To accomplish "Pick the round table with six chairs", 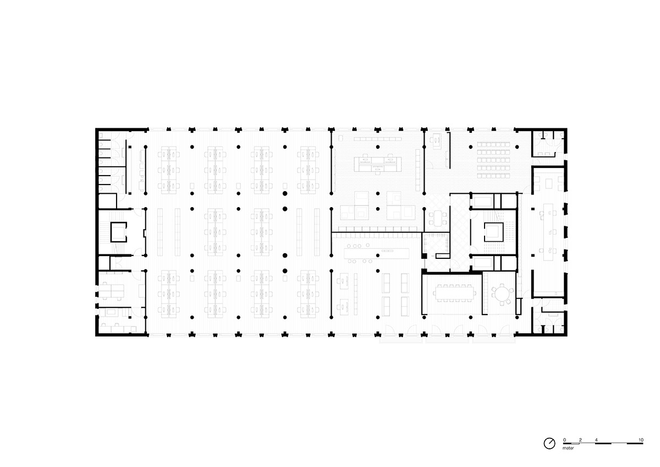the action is (x=501, y=294).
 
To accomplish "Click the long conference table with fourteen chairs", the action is (x=454, y=293).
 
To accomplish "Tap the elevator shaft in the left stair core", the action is (x=119, y=232).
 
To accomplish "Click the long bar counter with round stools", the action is (x=377, y=253).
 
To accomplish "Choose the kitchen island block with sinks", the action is (x=378, y=164).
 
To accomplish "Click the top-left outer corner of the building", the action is (x=96, y=128).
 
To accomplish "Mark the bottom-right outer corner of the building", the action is (x=567, y=336).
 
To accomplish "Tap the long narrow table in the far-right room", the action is (x=548, y=232).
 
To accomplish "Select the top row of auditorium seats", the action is (x=493, y=144).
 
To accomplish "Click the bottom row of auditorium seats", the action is (x=493, y=176).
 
